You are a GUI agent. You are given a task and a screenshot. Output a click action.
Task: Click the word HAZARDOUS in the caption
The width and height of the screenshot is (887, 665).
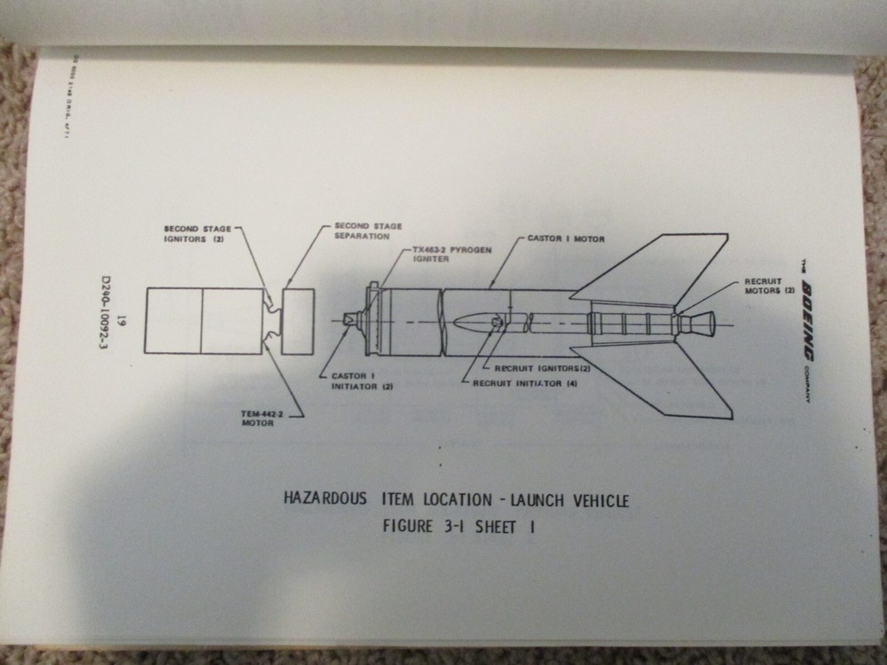coord(325,498)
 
